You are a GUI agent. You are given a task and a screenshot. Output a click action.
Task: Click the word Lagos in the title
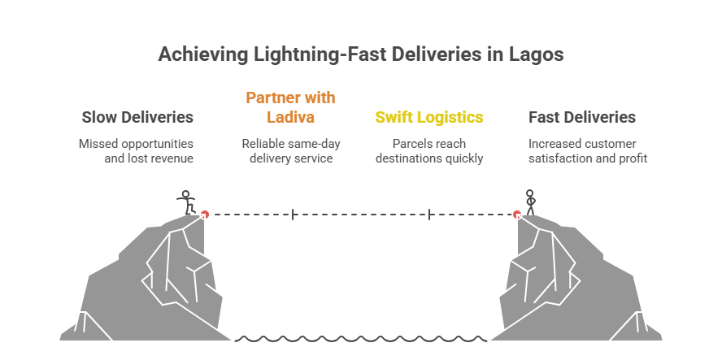click(x=535, y=55)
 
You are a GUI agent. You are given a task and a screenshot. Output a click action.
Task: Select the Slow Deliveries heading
click(x=137, y=117)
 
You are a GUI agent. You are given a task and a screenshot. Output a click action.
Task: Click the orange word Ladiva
click(x=290, y=117)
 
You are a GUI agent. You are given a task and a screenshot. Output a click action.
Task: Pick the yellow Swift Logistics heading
click(x=428, y=117)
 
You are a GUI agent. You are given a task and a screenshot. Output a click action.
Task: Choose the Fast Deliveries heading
click(x=581, y=117)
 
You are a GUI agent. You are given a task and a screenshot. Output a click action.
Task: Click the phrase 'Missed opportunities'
click(x=136, y=144)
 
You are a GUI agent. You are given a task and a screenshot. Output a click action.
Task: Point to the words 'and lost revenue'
click(x=148, y=158)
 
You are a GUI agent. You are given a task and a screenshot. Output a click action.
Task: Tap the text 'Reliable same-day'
click(x=290, y=144)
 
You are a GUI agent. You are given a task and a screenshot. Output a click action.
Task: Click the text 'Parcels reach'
click(x=428, y=144)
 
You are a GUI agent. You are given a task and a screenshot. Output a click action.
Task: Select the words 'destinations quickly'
click(x=428, y=158)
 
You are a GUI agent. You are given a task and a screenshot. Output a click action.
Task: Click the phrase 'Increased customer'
click(x=581, y=144)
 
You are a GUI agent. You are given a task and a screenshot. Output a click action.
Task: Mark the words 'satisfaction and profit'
click(x=588, y=158)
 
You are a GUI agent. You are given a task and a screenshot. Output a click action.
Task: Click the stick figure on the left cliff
click(x=188, y=202)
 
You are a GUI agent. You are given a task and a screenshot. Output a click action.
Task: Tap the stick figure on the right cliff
click(x=530, y=202)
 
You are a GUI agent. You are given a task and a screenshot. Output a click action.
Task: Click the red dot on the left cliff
click(x=205, y=215)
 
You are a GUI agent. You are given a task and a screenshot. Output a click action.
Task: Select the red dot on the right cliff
click(x=517, y=215)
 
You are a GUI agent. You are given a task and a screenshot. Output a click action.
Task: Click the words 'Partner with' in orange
click(x=290, y=98)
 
